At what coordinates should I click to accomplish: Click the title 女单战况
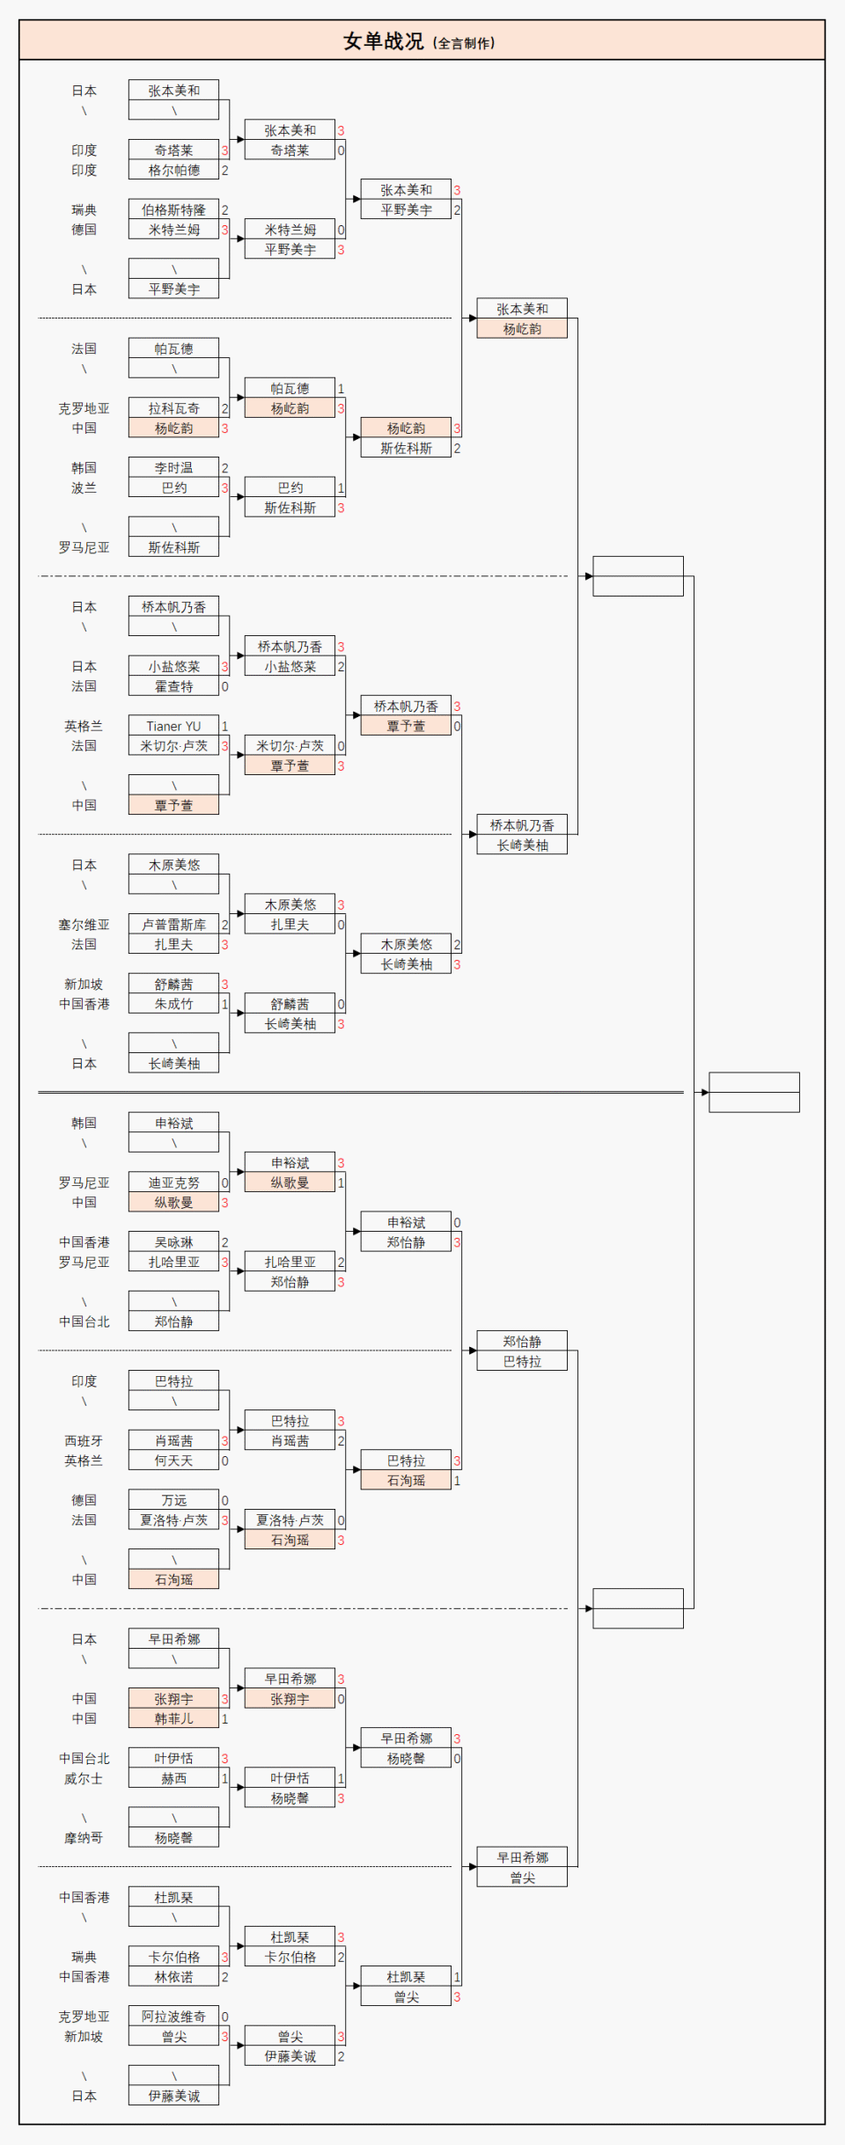[x=383, y=41]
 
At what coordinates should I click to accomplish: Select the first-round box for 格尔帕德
[x=173, y=171]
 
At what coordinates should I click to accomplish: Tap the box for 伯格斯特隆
[x=173, y=210]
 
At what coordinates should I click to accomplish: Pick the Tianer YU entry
[x=173, y=727]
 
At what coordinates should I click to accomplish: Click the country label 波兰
[x=84, y=488]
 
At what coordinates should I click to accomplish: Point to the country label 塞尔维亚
[x=84, y=925]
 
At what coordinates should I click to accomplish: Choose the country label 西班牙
[x=84, y=1441]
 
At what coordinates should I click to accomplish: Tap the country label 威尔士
[x=84, y=1779]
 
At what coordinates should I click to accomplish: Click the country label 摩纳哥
[x=84, y=1838]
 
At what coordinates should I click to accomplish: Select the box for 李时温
[x=173, y=468]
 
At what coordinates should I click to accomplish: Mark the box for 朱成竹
[x=173, y=1004]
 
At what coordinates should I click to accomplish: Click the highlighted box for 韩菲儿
[x=173, y=1718]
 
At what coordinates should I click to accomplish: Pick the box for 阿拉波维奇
[x=173, y=2017]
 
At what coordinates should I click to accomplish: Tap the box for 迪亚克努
[x=173, y=1183]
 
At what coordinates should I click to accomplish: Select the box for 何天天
[x=173, y=1461]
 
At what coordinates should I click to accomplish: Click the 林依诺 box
[x=173, y=1977]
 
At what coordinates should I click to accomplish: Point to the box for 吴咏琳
[x=173, y=1242]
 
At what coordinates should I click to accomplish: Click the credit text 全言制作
[x=466, y=43]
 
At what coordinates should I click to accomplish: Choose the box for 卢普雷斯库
[x=173, y=925]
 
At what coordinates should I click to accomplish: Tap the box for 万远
[x=173, y=1500]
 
